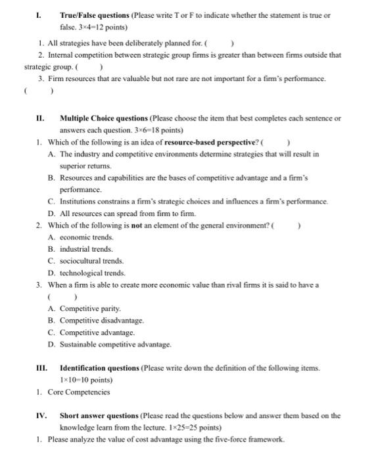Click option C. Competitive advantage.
point(91,333)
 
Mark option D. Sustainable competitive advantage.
point(110,344)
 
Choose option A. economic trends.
point(81,237)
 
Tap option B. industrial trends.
point(81,249)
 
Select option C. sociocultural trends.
point(85,261)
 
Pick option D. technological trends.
point(87,273)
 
